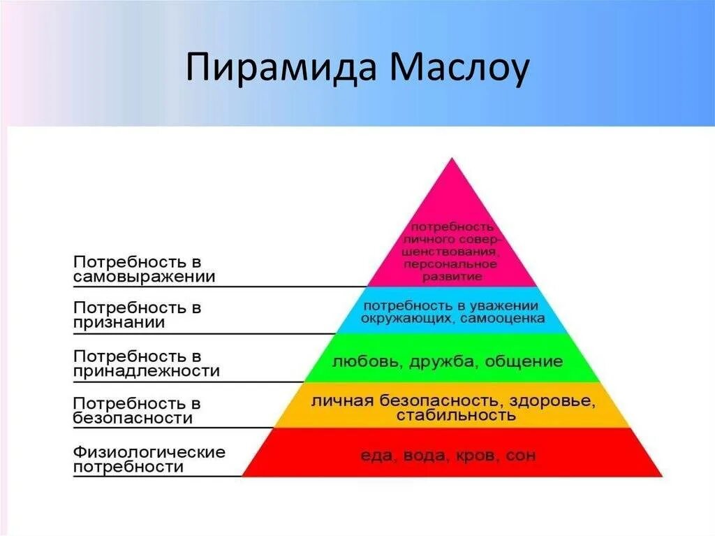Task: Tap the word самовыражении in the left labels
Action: point(144,277)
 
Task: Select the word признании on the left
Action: point(119,323)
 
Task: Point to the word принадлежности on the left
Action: point(146,371)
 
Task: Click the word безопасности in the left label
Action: point(133,419)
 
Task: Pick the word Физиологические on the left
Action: point(149,451)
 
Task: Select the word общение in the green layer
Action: point(524,362)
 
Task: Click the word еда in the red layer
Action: point(375,456)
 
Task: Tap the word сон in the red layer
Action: point(521,456)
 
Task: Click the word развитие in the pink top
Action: point(452,277)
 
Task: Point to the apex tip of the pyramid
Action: point(452,159)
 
